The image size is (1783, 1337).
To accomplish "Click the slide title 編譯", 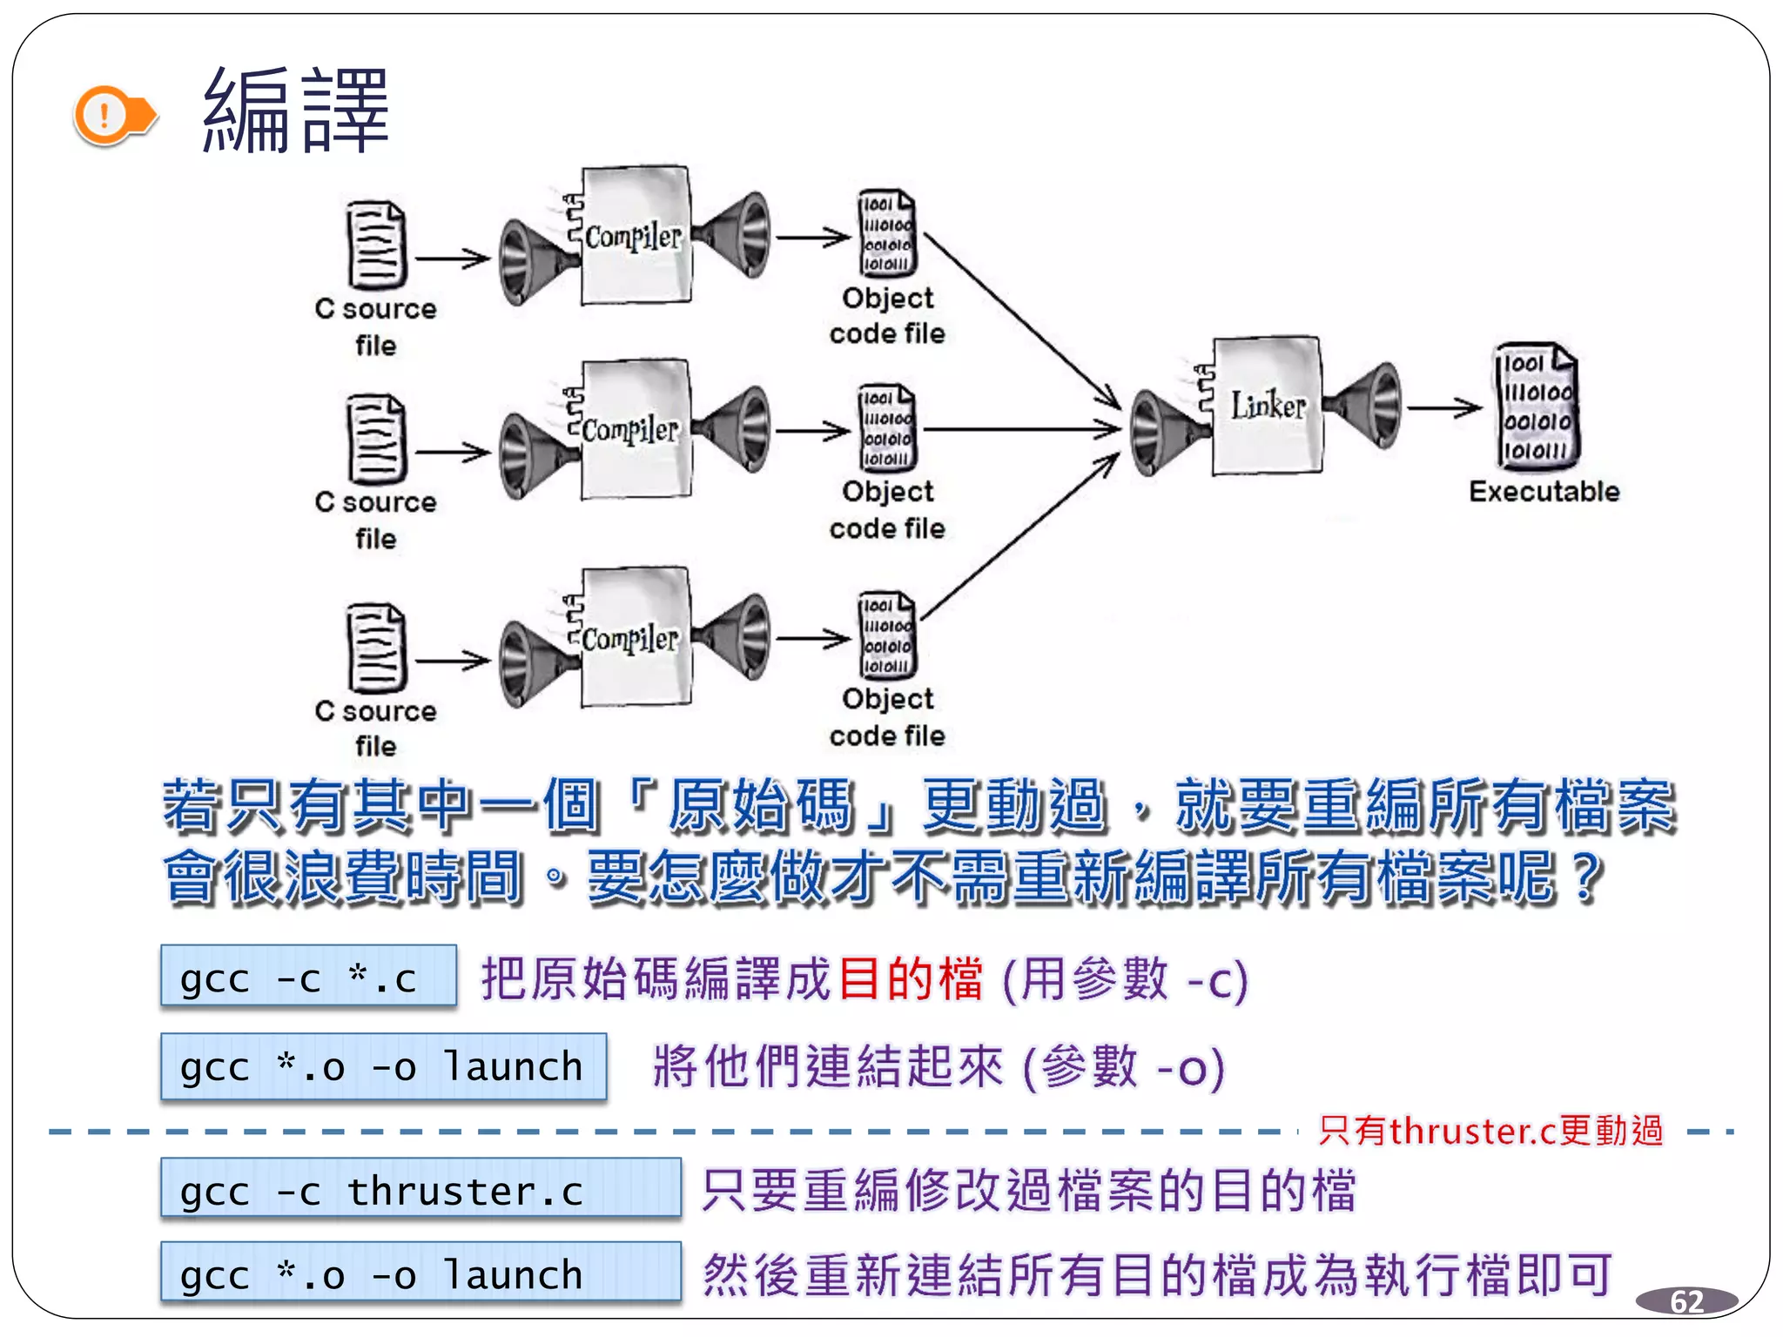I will pos(296,111).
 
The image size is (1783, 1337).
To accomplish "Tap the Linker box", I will pos(1267,405).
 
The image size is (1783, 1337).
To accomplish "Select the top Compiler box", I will pos(635,236).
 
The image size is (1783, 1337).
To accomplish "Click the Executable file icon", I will pos(1537,406).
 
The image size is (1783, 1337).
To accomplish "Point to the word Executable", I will pos(1544,492).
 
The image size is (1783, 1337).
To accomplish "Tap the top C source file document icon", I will pos(376,245).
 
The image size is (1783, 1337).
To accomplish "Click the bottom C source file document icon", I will pos(376,648).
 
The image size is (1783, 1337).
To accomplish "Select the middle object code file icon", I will pos(886,428).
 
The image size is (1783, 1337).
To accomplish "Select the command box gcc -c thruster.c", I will pos(420,1189).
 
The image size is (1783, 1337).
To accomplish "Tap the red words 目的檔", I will pos(911,978).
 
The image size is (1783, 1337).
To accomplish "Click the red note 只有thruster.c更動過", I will pos(1490,1131).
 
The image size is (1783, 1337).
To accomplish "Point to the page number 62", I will pos(1686,1301).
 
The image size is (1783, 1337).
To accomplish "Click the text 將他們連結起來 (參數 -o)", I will pos(939,1067).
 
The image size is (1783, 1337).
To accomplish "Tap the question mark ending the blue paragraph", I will pos(1587,877).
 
